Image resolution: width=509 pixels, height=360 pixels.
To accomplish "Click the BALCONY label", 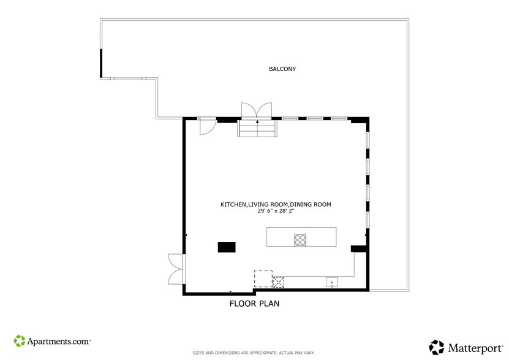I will [282, 69].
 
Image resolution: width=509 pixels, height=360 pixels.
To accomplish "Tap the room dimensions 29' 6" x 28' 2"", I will [276, 211].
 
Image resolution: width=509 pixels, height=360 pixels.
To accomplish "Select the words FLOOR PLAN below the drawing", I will [255, 304].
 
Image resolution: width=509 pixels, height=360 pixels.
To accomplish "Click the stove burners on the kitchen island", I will [300, 239].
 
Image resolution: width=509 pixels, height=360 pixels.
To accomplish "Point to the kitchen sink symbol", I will [331, 282].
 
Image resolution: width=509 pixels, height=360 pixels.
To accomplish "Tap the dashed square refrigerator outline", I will [263, 279].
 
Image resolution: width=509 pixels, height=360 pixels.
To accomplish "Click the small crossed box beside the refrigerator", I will [279, 282].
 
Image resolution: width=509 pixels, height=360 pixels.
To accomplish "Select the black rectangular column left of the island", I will [227, 247].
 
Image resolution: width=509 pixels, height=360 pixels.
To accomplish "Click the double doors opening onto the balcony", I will [257, 110].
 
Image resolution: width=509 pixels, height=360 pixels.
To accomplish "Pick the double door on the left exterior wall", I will [176, 269].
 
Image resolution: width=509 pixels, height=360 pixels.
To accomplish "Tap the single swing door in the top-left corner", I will [207, 125].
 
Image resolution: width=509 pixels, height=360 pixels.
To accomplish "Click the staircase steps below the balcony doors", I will [257, 129].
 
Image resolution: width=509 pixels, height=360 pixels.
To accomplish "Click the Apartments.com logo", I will [52, 340].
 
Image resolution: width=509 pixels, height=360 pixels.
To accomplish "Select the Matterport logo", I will [463, 347].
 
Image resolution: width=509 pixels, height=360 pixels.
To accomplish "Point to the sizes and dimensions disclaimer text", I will [254, 353].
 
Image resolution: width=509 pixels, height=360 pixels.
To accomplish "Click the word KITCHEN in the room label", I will [233, 204].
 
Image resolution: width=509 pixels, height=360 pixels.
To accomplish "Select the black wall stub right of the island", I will [358, 249].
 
